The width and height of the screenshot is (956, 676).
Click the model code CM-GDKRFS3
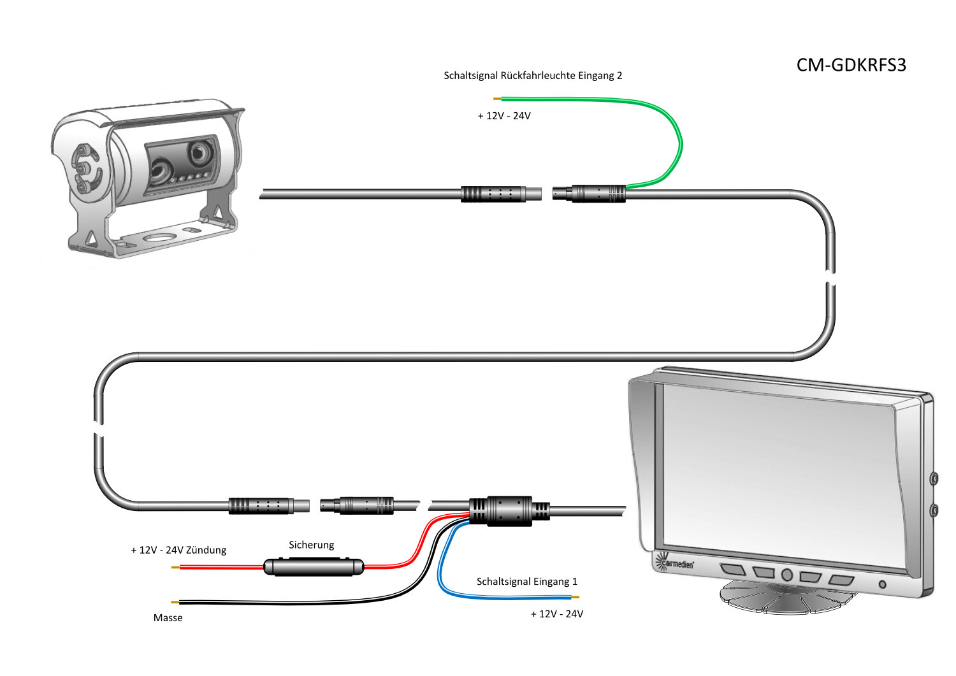click(851, 66)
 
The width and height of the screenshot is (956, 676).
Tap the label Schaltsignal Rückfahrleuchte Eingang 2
click(533, 76)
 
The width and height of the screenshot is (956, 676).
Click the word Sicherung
click(311, 545)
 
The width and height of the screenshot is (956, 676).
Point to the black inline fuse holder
click(314, 566)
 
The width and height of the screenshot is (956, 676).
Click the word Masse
click(168, 618)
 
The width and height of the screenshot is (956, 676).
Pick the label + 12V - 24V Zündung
click(178, 550)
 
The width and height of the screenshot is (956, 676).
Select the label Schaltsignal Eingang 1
click(526, 582)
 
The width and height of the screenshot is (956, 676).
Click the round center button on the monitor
click(787, 575)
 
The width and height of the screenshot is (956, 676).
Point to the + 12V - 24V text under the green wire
click(504, 116)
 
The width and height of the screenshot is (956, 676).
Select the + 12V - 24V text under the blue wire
click(556, 614)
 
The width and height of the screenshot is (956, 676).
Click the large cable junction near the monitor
click(509, 511)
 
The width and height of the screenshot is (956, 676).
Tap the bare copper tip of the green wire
click(497, 99)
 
